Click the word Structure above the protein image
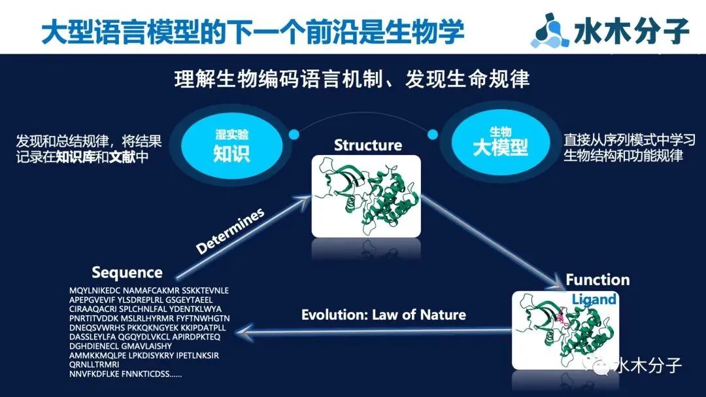click(368, 145)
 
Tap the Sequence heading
click(127, 273)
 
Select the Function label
click(597, 280)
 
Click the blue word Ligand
click(594, 299)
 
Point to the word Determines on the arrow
click(230, 231)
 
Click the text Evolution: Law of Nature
click(384, 315)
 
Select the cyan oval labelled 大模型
click(500, 141)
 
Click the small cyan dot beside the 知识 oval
click(294, 134)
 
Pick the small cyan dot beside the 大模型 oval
click(432, 134)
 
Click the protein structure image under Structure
click(366, 196)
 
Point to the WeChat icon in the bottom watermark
click(597, 366)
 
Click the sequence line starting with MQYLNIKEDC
click(149, 290)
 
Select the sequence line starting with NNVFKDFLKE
click(126, 374)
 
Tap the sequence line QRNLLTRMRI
click(94, 364)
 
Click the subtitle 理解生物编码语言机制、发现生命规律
click(352, 79)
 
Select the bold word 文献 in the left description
click(122, 157)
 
